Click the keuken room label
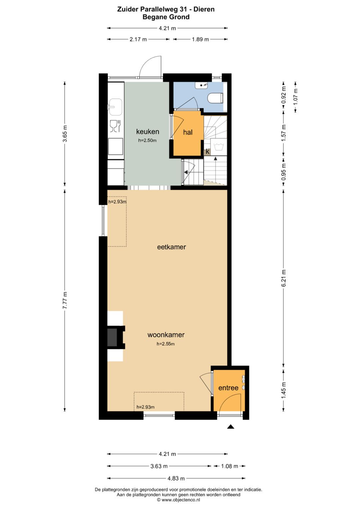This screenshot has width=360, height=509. pyautogui.click(x=147, y=132)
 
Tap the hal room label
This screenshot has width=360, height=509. pyautogui.click(x=188, y=132)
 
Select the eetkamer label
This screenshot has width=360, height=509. pyautogui.click(x=171, y=247)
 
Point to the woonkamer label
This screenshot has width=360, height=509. pyautogui.click(x=166, y=335)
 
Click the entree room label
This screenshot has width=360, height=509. pyautogui.click(x=228, y=388)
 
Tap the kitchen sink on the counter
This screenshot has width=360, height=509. pyautogui.click(x=116, y=107)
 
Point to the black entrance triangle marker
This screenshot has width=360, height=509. pyautogui.click(x=231, y=427)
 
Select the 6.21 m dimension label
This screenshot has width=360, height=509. pyautogui.click(x=284, y=278)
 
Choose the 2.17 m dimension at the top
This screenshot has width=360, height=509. pyautogui.click(x=138, y=39)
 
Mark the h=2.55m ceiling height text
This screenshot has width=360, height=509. pyautogui.click(x=166, y=344)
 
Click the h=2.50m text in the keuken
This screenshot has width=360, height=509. pyautogui.click(x=147, y=140)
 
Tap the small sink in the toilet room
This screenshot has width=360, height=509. pyautogui.click(x=201, y=85)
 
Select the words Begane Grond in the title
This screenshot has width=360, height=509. pyautogui.click(x=166, y=17)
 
